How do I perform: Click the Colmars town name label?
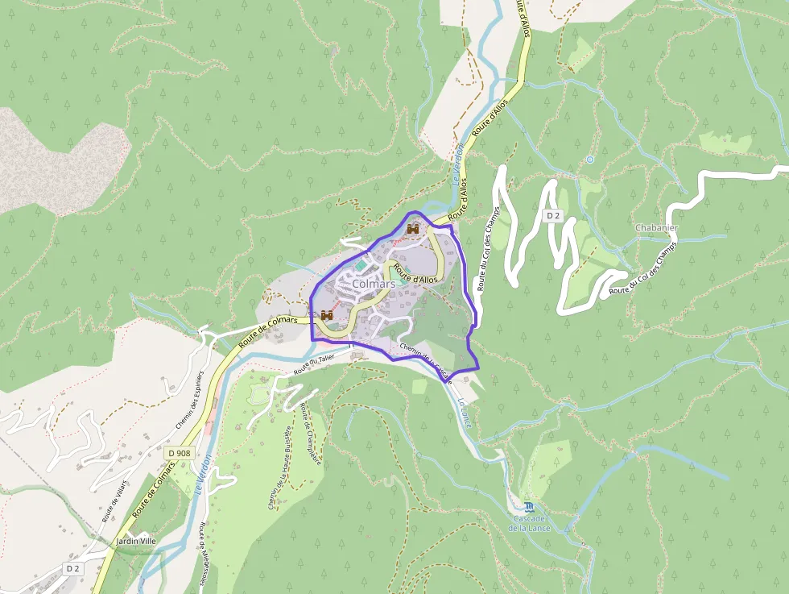tap(374, 285)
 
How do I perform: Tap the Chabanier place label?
tap(656, 228)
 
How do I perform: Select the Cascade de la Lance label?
tap(527, 523)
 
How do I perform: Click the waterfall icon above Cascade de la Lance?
tap(528, 506)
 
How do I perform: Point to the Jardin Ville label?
tap(135, 541)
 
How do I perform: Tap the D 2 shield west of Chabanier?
tap(552, 215)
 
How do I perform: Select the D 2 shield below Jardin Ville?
tap(73, 568)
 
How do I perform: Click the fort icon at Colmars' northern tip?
tap(413, 230)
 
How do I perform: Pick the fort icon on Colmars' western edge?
tap(327, 314)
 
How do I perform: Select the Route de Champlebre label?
tap(311, 434)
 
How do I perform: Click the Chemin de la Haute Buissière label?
tap(279, 467)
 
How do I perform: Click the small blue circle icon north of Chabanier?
tap(589, 160)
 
